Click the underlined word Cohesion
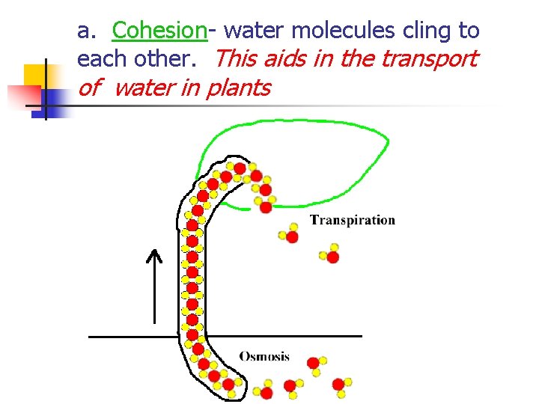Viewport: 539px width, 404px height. (159, 31)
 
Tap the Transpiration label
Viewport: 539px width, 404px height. (352, 220)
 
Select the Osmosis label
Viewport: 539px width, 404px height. (264, 356)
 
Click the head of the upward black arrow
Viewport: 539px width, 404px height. (153, 257)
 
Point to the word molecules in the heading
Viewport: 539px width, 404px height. (336, 31)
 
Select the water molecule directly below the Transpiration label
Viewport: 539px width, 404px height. (330, 254)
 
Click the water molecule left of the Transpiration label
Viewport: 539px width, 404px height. (289, 234)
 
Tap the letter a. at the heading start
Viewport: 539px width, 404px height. (87, 31)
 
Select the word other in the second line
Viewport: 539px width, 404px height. (166, 58)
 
